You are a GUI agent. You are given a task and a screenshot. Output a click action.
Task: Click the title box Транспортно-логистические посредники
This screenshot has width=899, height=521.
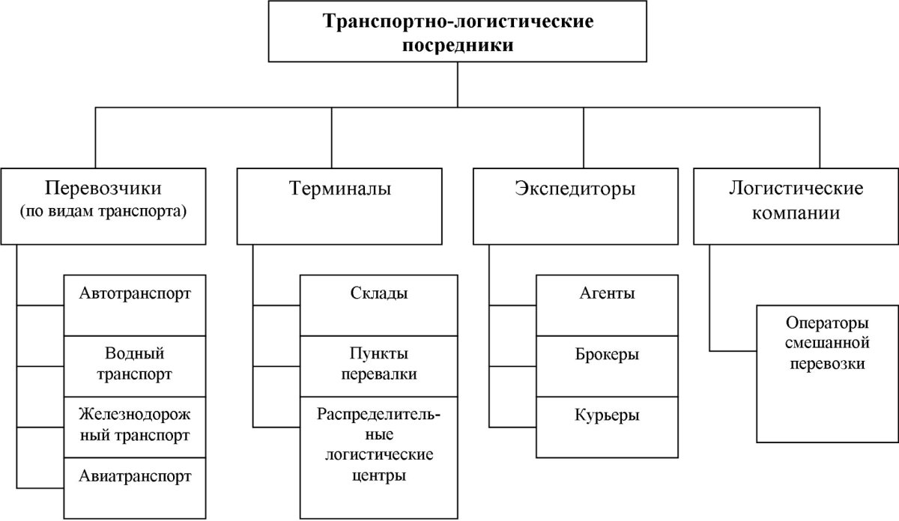coord(458,31)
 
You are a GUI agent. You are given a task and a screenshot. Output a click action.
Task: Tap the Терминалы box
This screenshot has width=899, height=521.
coord(340,205)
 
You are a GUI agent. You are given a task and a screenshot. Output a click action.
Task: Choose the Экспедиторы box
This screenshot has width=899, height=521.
coord(575,205)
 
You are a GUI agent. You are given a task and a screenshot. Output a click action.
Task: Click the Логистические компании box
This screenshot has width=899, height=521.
coord(796,205)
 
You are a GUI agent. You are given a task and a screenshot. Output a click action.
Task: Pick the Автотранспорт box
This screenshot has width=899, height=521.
coord(135,305)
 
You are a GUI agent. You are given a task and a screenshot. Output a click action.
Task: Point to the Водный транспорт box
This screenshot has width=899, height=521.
coord(135,366)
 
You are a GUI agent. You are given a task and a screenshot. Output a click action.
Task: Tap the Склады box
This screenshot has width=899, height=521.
coord(379,305)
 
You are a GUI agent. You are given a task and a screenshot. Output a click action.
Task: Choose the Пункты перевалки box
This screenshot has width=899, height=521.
coord(379,366)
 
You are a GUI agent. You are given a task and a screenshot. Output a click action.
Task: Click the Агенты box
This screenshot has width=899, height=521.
coord(608,305)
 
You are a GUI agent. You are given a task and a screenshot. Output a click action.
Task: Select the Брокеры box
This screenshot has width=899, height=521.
coord(608,366)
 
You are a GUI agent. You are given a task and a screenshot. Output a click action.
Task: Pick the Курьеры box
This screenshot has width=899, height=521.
coord(608,427)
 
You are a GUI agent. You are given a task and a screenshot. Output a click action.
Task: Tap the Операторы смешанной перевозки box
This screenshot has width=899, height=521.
coord(827,374)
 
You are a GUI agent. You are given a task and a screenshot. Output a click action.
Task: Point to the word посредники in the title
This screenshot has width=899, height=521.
coord(458,45)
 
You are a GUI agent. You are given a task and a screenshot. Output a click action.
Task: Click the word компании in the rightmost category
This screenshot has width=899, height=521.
coord(796,213)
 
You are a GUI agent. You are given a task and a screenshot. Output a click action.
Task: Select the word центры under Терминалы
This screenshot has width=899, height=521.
coord(378,475)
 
